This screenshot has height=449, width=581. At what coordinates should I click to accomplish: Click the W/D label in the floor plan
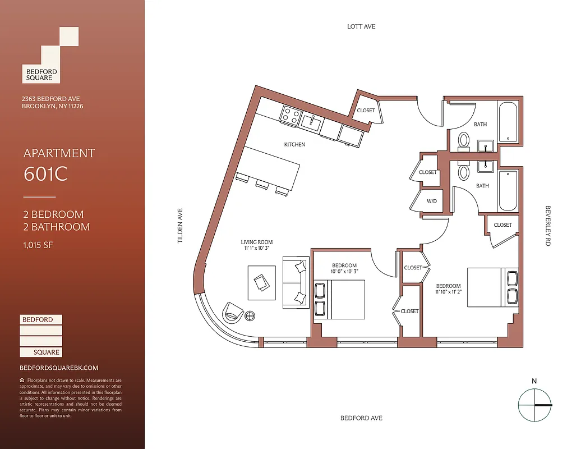pyautogui.click(x=431, y=201)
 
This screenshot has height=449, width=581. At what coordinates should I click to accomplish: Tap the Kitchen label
pyautogui.click(x=294, y=145)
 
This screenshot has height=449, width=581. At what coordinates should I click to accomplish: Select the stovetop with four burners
pyautogui.click(x=290, y=114)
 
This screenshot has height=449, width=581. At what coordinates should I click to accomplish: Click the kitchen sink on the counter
pyautogui.click(x=310, y=120)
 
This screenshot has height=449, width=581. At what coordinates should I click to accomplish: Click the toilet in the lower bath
pyautogui.click(x=464, y=171)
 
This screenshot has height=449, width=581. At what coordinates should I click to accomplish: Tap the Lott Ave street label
pyautogui.click(x=361, y=26)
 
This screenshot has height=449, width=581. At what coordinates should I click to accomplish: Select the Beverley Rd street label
pyautogui.click(x=548, y=226)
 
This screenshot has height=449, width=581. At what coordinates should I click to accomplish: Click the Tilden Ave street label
pyautogui.click(x=181, y=226)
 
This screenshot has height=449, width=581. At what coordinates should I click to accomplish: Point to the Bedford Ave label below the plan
pyautogui.click(x=361, y=418)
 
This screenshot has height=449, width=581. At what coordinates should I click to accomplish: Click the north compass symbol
pyautogui.click(x=534, y=404)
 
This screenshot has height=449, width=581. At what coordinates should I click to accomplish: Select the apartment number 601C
pyautogui.click(x=45, y=174)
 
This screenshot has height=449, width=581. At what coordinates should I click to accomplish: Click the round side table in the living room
pyautogui.click(x=250, y=316)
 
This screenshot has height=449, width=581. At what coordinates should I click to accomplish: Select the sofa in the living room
pyautogui.click(x=295, y=283)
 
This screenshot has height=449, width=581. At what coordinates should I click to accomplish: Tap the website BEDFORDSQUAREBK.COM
pyautogui.click(x=59, y=368)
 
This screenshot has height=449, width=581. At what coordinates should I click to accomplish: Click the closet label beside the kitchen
pyautogui.click(x=366, y=111)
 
